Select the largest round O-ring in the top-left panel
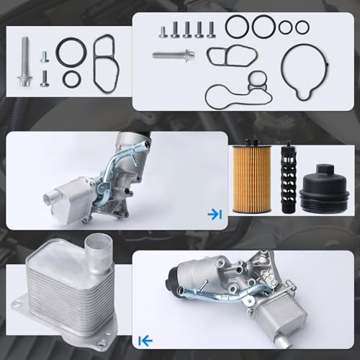pos(70,52)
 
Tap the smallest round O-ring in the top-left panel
pos(71,78)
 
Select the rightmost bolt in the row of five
pos(212,30)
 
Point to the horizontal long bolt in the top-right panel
pos(174,54)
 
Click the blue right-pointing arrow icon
pos(214,214)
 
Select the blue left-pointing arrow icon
pos(144,339)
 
